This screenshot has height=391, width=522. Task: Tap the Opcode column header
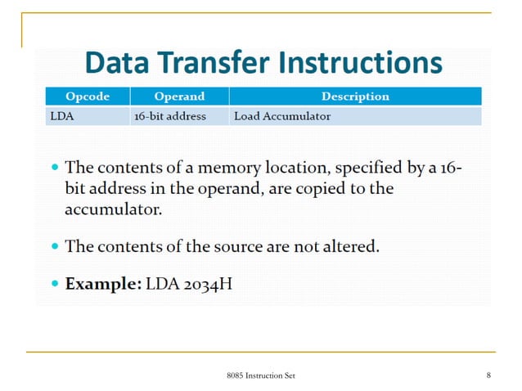click(x=87, y=97)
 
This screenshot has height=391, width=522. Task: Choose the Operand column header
click(x=179, y=97)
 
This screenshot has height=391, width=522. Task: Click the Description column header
click(x=355, y=97)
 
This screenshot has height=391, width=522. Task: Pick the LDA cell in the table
click(x=62, y=116)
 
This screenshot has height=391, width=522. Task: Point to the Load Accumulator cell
click(x=282, y=116)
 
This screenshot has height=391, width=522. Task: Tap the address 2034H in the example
click(x=209, y=285)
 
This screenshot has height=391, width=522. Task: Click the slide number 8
click(x=488, y=375)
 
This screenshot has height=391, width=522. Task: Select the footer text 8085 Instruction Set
click(x=261, y=375)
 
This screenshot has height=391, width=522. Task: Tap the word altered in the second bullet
click(x=352, y=246)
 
